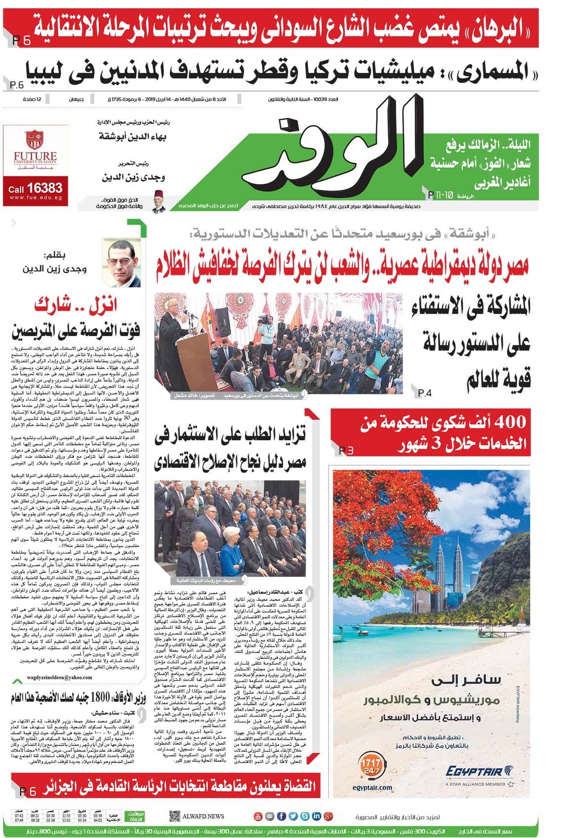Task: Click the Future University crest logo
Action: click(35, 140)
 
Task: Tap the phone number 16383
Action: click(44, 188)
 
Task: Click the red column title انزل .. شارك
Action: click(76, 305)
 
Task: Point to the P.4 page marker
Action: click(425, 393)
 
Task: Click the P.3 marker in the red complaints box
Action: click(346, 450)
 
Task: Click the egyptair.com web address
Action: click(372, 788)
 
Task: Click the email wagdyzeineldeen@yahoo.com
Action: click(60, 678)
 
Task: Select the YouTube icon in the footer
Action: click(257, 816)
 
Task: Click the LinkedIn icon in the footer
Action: click(317, 816)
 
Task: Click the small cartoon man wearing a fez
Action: click(158, 201)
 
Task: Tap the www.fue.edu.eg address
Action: click(36, 198)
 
